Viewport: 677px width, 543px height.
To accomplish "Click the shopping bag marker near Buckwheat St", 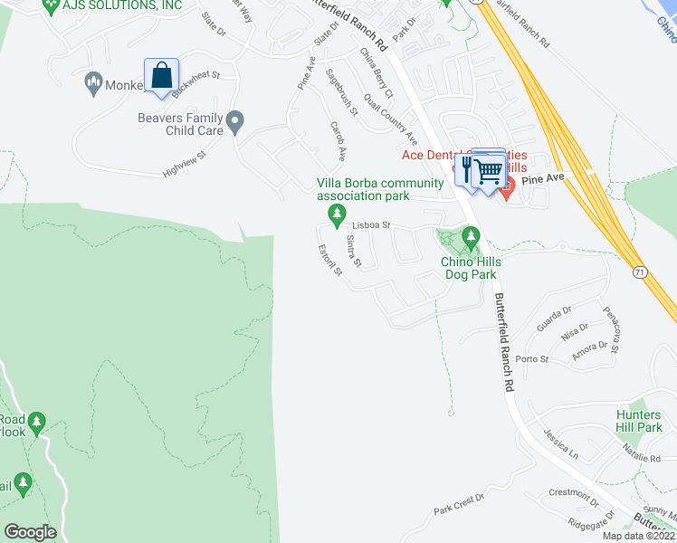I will (x=161, y=75).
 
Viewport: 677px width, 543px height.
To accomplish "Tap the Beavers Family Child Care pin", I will (x=235, y=120).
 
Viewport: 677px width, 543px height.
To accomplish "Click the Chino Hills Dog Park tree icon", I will (x=470, y=238).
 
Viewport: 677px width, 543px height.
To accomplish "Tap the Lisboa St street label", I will (x=370, y=224).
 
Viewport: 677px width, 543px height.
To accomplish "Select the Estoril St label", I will (x=329, y=262).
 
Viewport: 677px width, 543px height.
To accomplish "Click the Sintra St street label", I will (x=354, y=251).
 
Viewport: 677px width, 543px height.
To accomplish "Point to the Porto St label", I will (x=532, y=359).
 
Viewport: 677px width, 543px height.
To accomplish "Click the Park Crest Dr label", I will (x=459, y=505).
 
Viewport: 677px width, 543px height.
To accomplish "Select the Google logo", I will (x=30, y=531).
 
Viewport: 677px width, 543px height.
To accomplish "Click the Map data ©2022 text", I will (x=638, y=536).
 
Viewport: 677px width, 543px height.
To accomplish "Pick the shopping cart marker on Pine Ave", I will (x=489, y=169).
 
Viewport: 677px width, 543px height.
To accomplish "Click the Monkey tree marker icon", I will (x=92, y=84).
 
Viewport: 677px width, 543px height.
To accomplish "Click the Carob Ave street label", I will (x=338, y=140).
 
